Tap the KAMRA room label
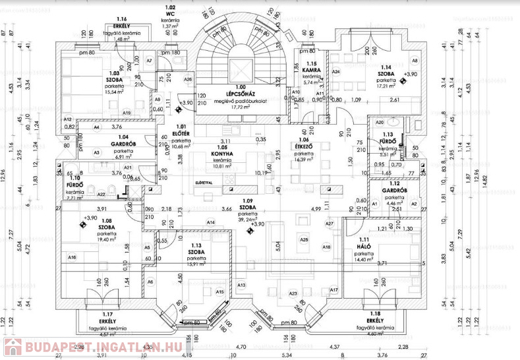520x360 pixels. click(x=312, y=70)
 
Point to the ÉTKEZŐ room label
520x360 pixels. click(x=303, y=148)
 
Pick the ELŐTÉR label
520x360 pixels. click(x=181, y=133)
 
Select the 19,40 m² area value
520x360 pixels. click(x=107, y=241)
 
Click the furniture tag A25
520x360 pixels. click(x=303, y=239)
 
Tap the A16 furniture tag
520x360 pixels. click(x=72, y=257)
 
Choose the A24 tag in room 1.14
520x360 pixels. click(x=335, y=71)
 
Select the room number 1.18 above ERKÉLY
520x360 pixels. click(x=374, y=315)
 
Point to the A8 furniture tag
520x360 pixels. click(x=415, y=60)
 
